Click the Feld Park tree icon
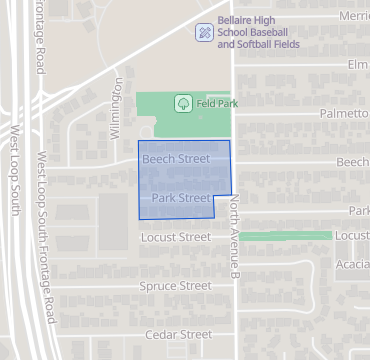pyautogui.click(x=183, y=103)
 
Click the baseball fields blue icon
pyautogui.click(x=204, y=32)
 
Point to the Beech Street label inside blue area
pyautogui.click(x=176, y=159)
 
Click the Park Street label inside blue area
pyautogui.click(x=181, y=198)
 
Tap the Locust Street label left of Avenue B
pyautogui.click(x=176, y=237)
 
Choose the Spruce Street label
pyautogui.click(x=176, y=286)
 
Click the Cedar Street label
pyautogui.click(x=179, y=334)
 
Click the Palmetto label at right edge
pyautogui.click(x=344, y=114)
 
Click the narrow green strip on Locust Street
pyautogui.click(x=286, y=236)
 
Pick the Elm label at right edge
pyautogui.click(x=358, y=65)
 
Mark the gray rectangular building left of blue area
pyautogui.click(x=112, y=222)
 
